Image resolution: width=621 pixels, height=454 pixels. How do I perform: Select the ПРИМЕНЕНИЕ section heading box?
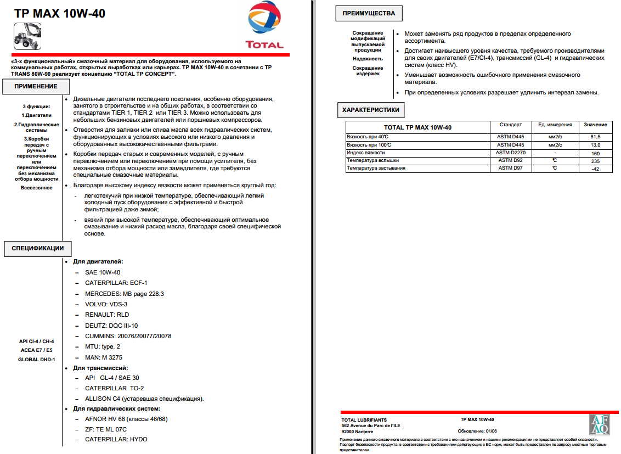tap(36, 86)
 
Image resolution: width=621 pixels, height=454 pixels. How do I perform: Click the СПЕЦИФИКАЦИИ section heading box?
tap(38, 248)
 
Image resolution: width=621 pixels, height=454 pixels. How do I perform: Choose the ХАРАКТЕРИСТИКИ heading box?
tap(370, 110)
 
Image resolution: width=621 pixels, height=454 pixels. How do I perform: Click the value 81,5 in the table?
tap(595, 136)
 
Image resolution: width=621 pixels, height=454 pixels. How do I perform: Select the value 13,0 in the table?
tap(595, 144)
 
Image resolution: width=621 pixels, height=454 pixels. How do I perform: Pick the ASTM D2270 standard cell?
tap(510, 153)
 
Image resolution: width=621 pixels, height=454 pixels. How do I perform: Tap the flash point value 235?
tap(595, 161)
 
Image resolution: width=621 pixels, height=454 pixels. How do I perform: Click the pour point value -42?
tap(595, 169)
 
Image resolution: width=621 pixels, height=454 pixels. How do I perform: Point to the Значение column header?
tap(595, 125)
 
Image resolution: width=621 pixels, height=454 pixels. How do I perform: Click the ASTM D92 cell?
tap(510, 160)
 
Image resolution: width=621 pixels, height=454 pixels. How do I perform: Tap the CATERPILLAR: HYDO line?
tap(116, 439)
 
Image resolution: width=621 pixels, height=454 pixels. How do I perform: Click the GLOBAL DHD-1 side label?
tap(37, 359)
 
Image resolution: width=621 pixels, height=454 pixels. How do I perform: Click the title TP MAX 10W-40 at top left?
tap(60, 13)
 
